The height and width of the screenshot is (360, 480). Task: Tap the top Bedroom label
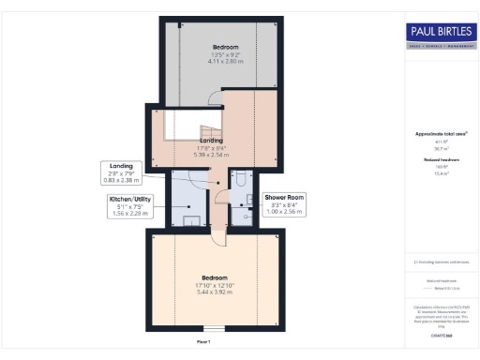[225, 47]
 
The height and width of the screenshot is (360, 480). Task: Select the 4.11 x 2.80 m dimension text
[225, 60]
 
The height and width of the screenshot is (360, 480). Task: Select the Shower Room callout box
[285, 205]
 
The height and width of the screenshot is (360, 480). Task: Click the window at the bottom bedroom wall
[216, 330]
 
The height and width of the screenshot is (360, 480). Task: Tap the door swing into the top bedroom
[215, 97]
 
